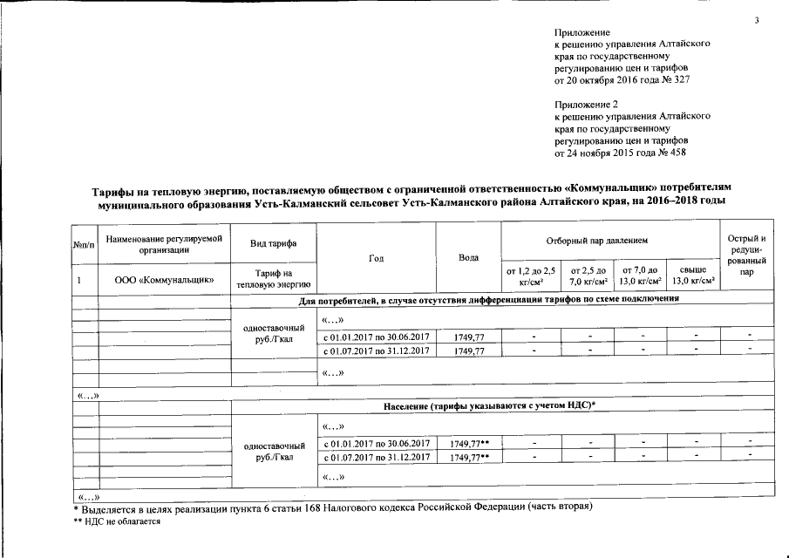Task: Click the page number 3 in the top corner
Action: [x=758, y=20]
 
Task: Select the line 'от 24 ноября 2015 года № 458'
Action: [x=621, y=153]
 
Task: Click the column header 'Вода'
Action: [x=467, y=257]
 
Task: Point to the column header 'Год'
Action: [x=376, y=257]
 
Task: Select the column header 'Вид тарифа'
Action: [x=273, y=242]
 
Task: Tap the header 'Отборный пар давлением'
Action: [x=609, y=239]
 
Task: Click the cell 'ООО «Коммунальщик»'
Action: [x=163, y=281]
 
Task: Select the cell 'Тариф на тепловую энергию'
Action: [x=273, y=279]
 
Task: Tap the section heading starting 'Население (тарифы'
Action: [x=488, y=407]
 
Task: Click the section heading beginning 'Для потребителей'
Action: [x=488, y=299]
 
